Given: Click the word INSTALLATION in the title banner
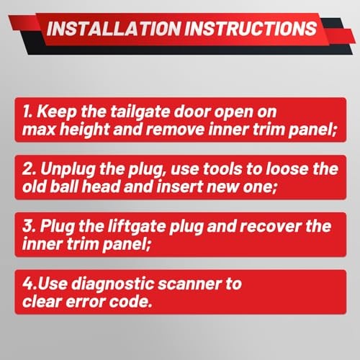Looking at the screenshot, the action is pos(114,29).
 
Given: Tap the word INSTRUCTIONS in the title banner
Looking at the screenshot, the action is pos(251,29).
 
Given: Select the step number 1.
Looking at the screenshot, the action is pos(27,112).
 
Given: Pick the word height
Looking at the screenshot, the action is pos(84,130).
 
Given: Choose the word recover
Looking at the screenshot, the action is pos(271,227).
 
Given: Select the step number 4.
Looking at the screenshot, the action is pos(29,284).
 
